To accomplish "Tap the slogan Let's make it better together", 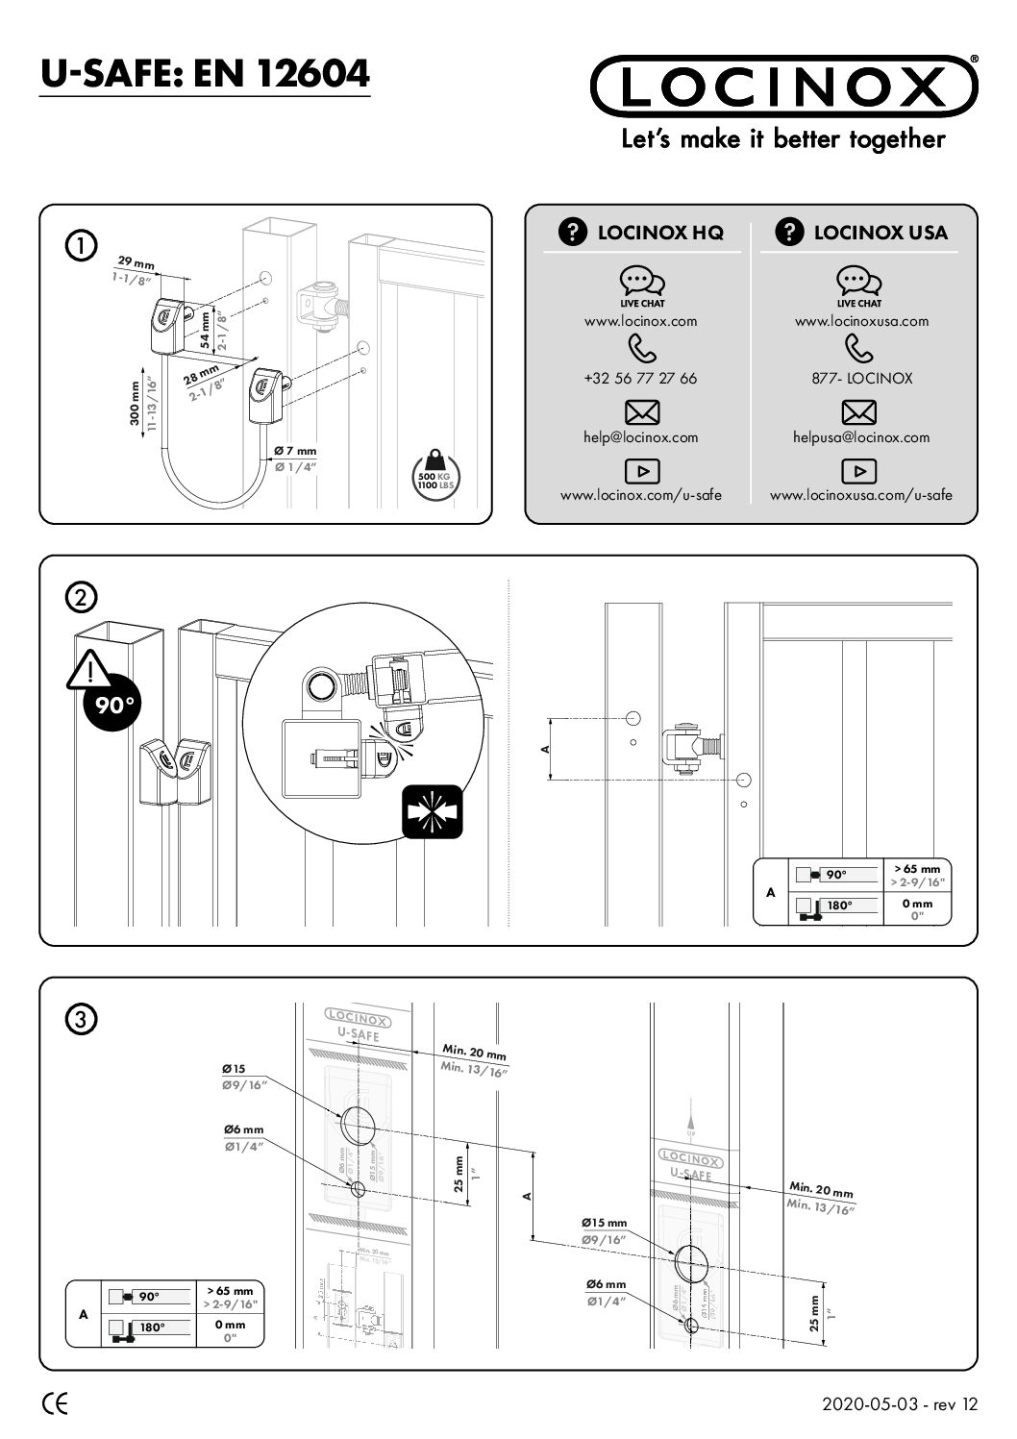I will (783, 139).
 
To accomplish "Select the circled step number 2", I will (81, 597).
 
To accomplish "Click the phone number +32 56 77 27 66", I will (640, 379).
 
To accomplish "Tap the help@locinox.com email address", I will (640, 437).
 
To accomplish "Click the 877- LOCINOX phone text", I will (860, 379).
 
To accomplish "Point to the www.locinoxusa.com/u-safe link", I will (860, 495).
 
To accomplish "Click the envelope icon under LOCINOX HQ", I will (641, 412).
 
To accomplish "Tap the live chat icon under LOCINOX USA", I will (859, 282).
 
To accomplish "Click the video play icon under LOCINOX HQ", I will (641, 471).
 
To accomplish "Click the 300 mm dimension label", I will (136, 403).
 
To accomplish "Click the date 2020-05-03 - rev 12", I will (899, 1404).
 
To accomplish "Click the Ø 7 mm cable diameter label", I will (294, 452).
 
